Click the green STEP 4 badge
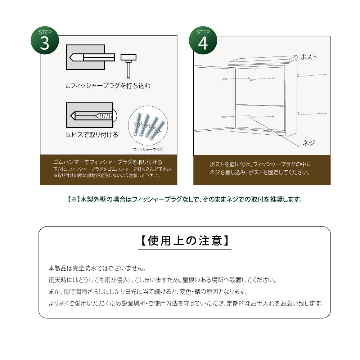[x=203, y=40]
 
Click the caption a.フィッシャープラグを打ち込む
[x=108, y=86]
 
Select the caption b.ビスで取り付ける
[x=92, y=135]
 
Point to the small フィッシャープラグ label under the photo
[x=148, y=149]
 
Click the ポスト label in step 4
[x=309, y=57]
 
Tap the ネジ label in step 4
[x=309, y=143]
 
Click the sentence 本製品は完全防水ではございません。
[x=97, y=268]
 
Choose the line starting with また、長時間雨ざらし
[x=148, y=291]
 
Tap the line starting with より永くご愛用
[x=185, y=303]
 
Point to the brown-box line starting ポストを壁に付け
[x=261, y=164]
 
